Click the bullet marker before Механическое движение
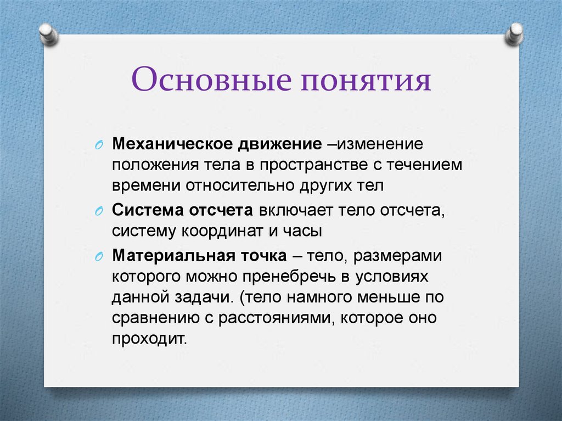[99, 145]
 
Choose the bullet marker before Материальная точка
[99, 257]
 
